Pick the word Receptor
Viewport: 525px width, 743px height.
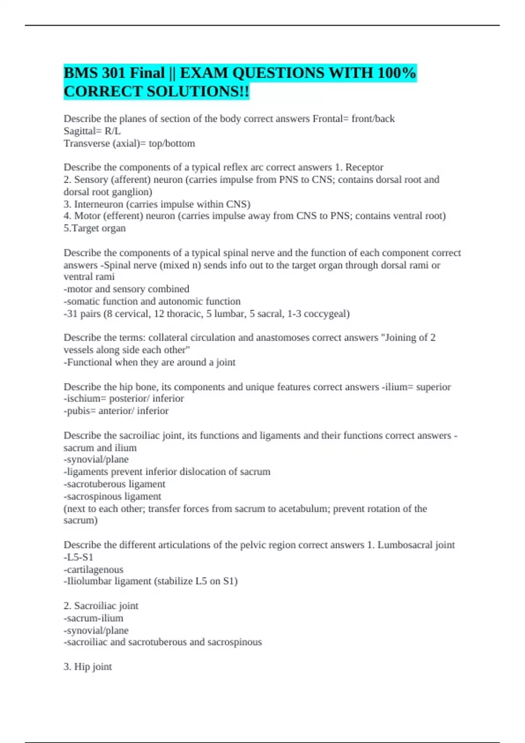[x=364, y=167]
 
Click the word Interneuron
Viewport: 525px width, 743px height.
[x=98, y=204]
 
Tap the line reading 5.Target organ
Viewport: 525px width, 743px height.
[x=94, y=228]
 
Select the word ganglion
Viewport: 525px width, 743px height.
[x=131, y=192]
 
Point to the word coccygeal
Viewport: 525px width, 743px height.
[x=326, y=314]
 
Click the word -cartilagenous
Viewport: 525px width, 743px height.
[x=94, y=569]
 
